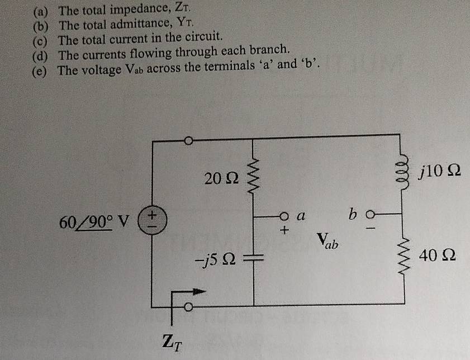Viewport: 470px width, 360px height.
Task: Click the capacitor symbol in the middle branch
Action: click(x=254, y=258)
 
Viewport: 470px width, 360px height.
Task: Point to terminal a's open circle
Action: click(x=284, y=216)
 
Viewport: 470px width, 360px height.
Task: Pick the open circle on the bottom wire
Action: click(x=189, y=307)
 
